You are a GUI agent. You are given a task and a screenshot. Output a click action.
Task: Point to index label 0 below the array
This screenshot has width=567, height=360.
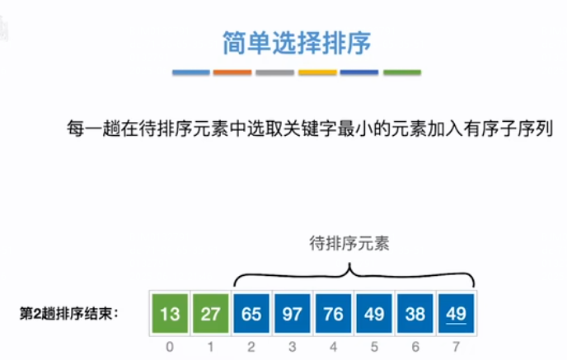(x=169, y=347)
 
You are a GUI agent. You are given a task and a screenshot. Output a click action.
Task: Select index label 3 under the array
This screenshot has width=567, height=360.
(x=293, y=347)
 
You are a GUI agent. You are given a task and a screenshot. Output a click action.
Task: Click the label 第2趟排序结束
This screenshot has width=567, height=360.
(x=69, y=313)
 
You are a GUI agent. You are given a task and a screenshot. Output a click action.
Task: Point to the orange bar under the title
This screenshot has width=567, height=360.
(x=232, y=73)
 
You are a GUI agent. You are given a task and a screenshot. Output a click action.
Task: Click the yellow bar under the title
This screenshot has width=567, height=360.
(x=317, y=73)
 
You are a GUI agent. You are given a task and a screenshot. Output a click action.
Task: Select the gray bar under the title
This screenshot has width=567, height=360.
(x=274, y=73)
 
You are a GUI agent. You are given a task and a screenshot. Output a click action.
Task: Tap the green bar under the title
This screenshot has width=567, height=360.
(x=402, y=73)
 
